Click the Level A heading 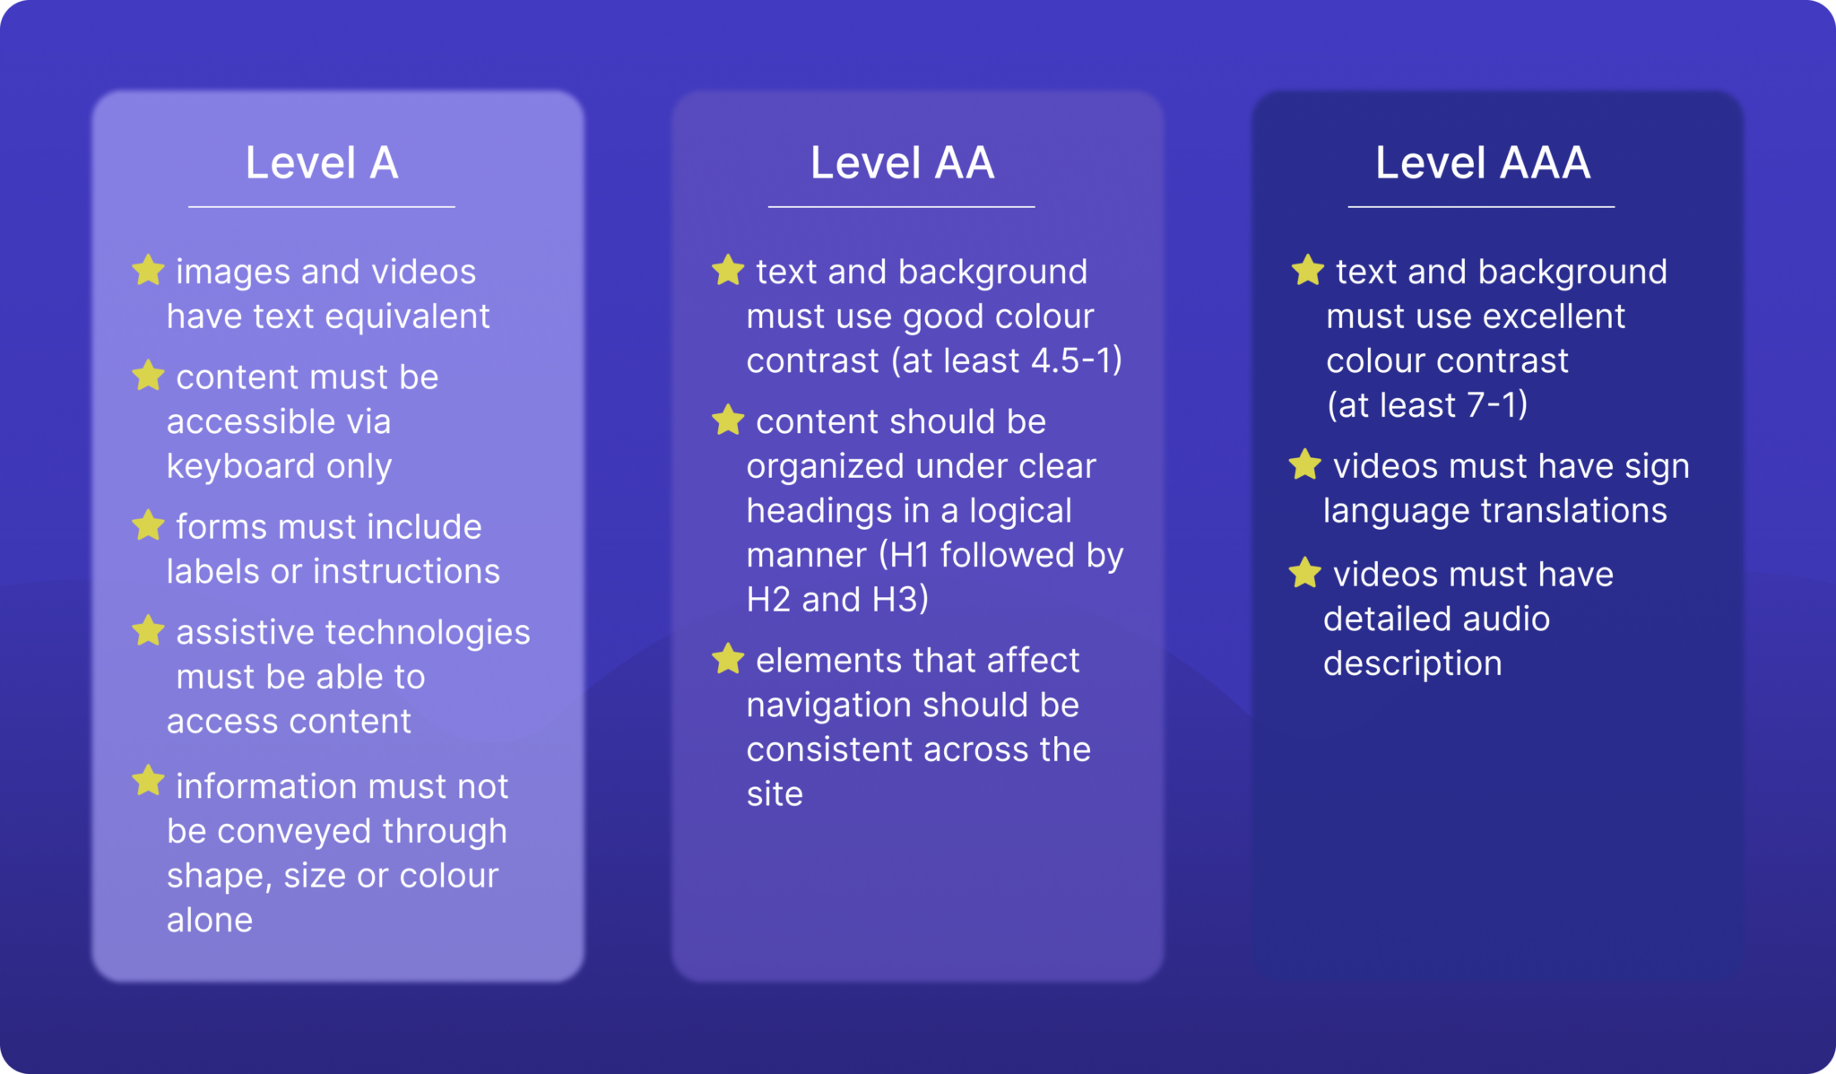click(322, 163)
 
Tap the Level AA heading click(902, 163)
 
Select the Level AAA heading click(1483, 163)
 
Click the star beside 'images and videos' click(148, 270)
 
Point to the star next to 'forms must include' click(148, 525)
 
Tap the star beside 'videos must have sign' click(1305, 464)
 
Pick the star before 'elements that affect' click(728, 659)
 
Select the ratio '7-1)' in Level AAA click(1497, 405)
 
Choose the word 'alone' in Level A click(210, 920)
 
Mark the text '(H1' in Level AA click(904, 556)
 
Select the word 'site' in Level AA click(775, 794)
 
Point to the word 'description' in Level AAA click(1412, 663)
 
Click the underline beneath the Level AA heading click(901, 207)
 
